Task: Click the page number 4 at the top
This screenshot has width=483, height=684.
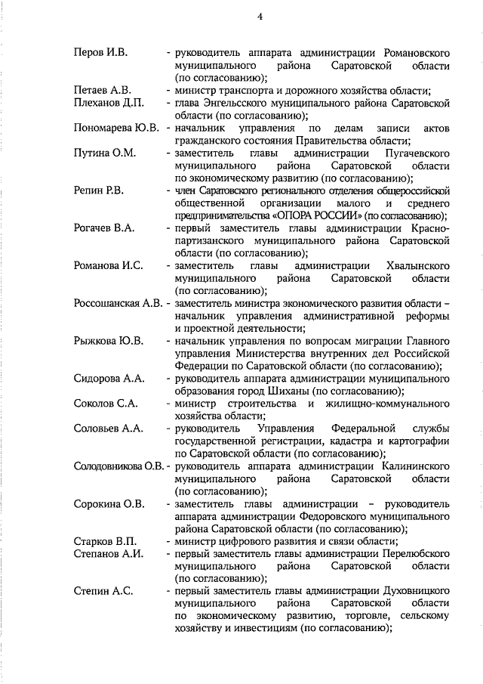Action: click(259, 17)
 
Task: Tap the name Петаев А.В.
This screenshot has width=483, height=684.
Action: click(103, 91)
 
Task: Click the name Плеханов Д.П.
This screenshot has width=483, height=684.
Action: click(107, 103)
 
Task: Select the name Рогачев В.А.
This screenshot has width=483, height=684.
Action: click(104, 227)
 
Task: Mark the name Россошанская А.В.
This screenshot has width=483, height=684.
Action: click(118, 303)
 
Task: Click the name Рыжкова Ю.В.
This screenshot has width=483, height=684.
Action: click(109, 341)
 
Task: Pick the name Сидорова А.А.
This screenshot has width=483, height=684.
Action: click(109, 378)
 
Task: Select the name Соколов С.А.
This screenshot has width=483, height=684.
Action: click(105, 403)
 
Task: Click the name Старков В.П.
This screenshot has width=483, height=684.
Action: click(105, 541)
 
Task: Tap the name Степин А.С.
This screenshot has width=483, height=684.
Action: click(103, 591)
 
